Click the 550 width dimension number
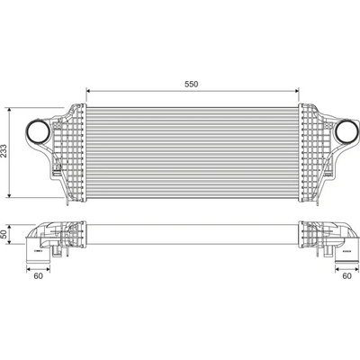tap(192, 85)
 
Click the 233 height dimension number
tap(4, 151)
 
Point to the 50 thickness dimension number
tap(4, 235)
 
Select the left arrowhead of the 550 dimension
tap(88, 90)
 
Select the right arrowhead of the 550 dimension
tap(297, 90)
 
